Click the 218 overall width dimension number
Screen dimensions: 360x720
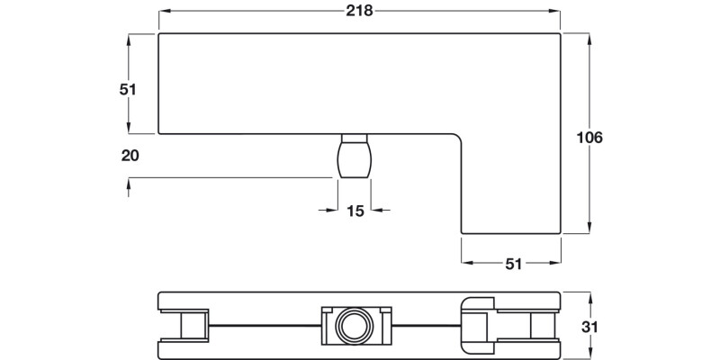point(359,11)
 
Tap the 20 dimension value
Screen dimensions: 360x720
point(130,155)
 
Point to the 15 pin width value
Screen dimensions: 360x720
point(355,211)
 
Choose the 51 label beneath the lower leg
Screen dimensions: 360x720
point(513,264)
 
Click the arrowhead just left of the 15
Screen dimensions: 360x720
point(332,211)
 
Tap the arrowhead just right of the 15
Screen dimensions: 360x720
point(377,211)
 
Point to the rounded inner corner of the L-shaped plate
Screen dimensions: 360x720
point(456,139)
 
